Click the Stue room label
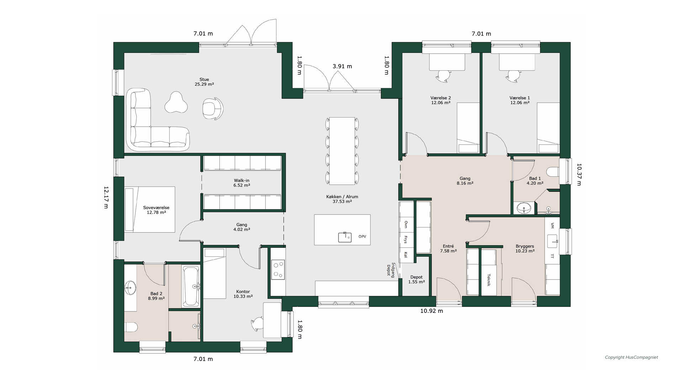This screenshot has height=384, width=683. pyautogui.click(x=204, y=80)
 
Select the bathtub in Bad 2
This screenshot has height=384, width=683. pyautogui.click(x=191, y=286)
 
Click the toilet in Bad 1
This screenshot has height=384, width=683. pyautogui.click(x=553, y=172)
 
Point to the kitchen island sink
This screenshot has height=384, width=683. pyautogui.click(x=345, y=237)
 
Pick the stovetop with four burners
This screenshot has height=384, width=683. pyautogui.click(x=278, y=270)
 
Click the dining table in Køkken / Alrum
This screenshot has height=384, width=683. pyautogui.click(x=342, y=151)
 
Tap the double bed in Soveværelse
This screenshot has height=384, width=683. pyautogui.click(x=150, y=209)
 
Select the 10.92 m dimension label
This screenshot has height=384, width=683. pyautogui.click(x=431, y=311)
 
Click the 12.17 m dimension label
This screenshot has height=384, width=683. pyautogui.click(x=106, y=197)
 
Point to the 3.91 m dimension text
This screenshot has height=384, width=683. pyautogui.click(x=342, y=66)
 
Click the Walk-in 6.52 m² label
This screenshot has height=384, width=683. pyautogui.click(x=242, y=183)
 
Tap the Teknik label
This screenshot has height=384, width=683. pyautogui.click(x=489, y=280)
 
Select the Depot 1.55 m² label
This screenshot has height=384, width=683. pyautogui.click(x=417, y=279)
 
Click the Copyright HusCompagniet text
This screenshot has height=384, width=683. pyautogui.click(x=631, y=357)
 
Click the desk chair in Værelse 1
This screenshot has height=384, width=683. pyautogui.click(x=513, y=76)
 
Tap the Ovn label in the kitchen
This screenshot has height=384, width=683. pyautogui.click(x=406, y=224)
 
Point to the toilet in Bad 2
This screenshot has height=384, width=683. pyautogui.click(x=131, y=327)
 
